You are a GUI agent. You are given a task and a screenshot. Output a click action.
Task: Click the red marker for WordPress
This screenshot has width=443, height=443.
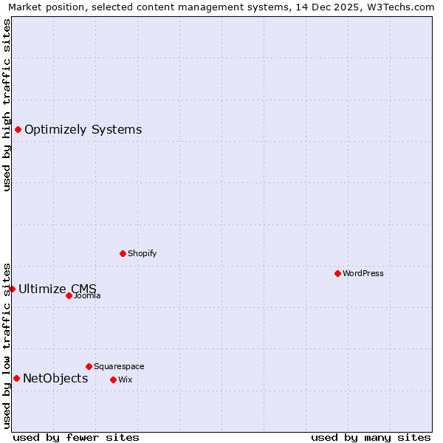click(337, 273)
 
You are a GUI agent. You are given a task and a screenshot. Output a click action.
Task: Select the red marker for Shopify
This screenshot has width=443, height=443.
click(123, 253)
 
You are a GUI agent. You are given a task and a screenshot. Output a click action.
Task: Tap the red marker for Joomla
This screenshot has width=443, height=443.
click(69, 295)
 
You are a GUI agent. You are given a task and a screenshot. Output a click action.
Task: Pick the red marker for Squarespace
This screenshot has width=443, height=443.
click(89, 366)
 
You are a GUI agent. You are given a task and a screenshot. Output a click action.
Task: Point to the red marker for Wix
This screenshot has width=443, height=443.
click(113, 380)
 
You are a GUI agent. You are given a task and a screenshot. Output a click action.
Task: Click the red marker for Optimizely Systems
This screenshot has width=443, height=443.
click(18, 130)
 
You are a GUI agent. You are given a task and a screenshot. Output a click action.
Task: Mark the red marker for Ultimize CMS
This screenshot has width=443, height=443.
click(12, 289)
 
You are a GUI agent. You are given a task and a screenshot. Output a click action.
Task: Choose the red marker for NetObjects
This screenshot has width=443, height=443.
click(16, 379)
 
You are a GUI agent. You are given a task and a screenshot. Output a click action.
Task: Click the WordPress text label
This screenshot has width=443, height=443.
click(363, 273)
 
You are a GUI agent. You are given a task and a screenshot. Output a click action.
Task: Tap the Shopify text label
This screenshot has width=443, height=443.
click(142, 253)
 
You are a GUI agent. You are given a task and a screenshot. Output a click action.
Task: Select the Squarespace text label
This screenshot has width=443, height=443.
click(119, 366)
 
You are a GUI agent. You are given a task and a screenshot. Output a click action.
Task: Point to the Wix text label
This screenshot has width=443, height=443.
click(125, 380)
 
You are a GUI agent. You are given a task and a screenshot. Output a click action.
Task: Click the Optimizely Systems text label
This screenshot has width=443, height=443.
click(83, 130)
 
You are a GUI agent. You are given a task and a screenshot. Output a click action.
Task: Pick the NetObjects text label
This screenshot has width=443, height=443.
click(55, 379)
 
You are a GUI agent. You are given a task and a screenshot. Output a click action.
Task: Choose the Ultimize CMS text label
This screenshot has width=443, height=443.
click(58, 289)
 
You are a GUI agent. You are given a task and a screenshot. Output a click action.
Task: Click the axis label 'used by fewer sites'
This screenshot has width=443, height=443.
click(76, 437)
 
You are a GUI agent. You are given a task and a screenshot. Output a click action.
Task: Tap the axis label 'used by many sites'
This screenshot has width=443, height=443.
click(371, 437)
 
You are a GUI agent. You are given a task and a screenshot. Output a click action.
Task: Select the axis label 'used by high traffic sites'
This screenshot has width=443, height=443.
click(7, 105)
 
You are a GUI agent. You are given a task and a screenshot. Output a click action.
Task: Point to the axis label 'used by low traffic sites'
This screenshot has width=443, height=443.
click(7, 345)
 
